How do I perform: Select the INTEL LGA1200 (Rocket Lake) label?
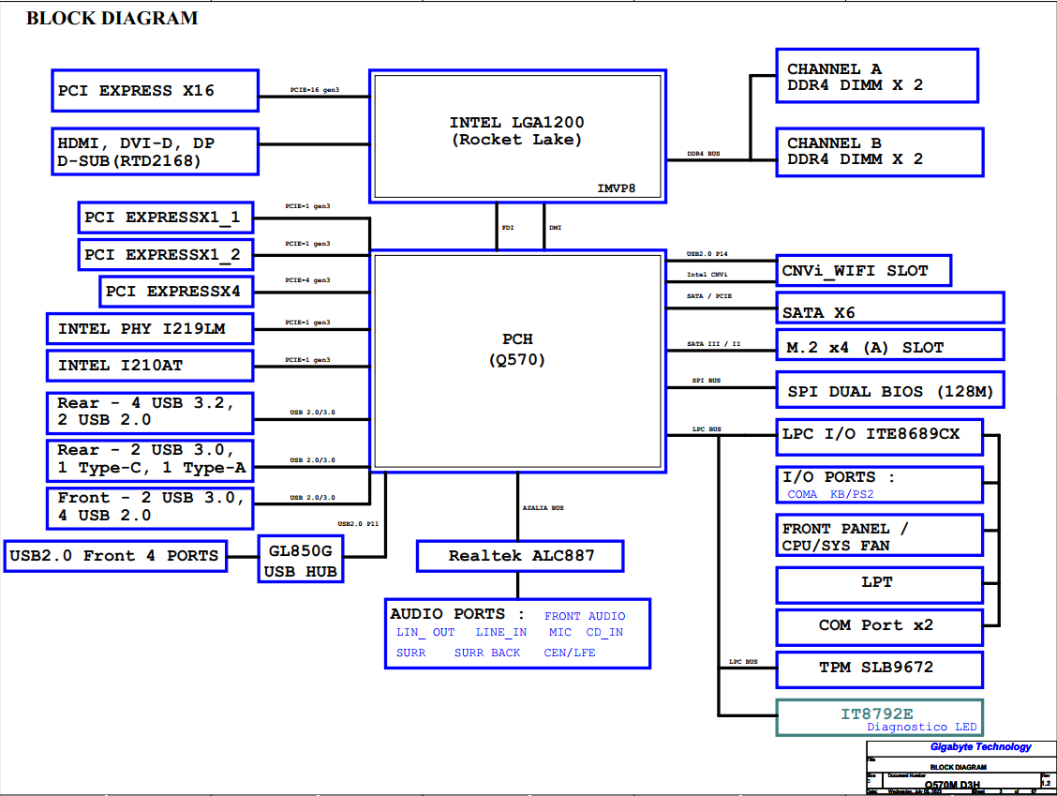point(516,131)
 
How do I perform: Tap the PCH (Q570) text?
point(516,349)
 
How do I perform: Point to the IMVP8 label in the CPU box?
point(617,188)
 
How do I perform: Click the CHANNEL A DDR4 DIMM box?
point(877,76)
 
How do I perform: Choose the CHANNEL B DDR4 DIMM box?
point(879,151)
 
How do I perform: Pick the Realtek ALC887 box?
point(521,555)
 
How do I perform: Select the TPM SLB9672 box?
point(879,668)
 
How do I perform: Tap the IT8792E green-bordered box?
point(879,717)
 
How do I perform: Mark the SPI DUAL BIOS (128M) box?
point(889,391)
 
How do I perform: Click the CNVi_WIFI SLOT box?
point(863,271)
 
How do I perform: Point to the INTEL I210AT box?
point(150,365)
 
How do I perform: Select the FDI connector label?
point(507,227)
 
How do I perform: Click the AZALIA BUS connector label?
point(543,507)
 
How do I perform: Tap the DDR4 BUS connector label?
point(703,154)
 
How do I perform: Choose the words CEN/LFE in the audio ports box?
point(570,653)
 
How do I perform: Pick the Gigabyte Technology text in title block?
point(980,747)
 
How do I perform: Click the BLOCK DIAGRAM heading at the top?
point(112,18)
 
